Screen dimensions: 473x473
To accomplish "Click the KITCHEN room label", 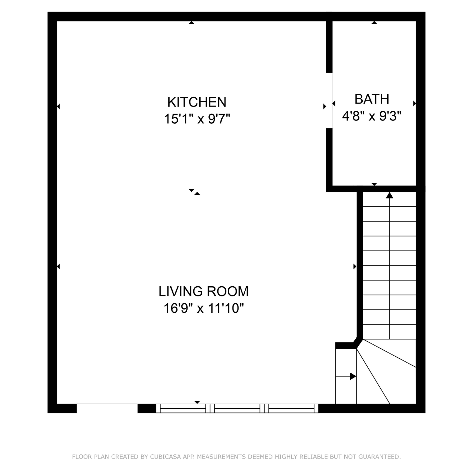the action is point(197,102).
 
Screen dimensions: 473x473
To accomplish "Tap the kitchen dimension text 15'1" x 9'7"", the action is point(197,119).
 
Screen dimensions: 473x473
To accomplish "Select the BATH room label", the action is point(372,99).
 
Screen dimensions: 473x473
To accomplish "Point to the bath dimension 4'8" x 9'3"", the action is point(372,116).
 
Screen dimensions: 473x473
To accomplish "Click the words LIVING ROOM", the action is point(203,291).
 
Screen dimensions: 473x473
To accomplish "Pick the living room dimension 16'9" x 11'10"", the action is point(204,308).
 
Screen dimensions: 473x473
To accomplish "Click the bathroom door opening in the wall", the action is point(329,101).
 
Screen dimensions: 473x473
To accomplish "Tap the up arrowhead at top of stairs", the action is point(390,195).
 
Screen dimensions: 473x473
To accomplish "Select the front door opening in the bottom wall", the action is point(107,408).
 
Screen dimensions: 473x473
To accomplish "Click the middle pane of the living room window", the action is point(237,408).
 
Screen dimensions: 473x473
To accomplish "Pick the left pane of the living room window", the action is point(183,408).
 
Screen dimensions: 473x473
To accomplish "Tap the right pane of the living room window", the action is point(291,408).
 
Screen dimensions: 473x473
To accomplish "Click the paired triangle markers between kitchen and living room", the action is point(194,192).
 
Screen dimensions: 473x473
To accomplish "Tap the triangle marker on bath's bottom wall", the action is point(374,184).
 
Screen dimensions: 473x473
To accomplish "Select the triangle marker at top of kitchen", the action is point(191,22).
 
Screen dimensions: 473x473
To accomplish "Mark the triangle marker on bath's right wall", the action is point(415,103).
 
